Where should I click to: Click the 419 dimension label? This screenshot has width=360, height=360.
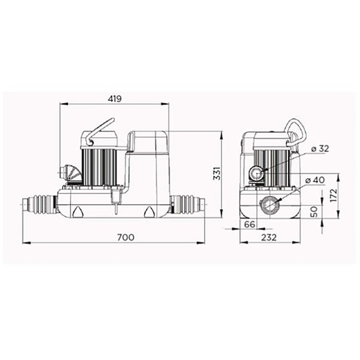(114, 99)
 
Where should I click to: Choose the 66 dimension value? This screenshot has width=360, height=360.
(249, 224)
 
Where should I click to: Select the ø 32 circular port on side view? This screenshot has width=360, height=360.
(257, 172)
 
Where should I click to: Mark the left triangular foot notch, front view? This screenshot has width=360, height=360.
(78, 212)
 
